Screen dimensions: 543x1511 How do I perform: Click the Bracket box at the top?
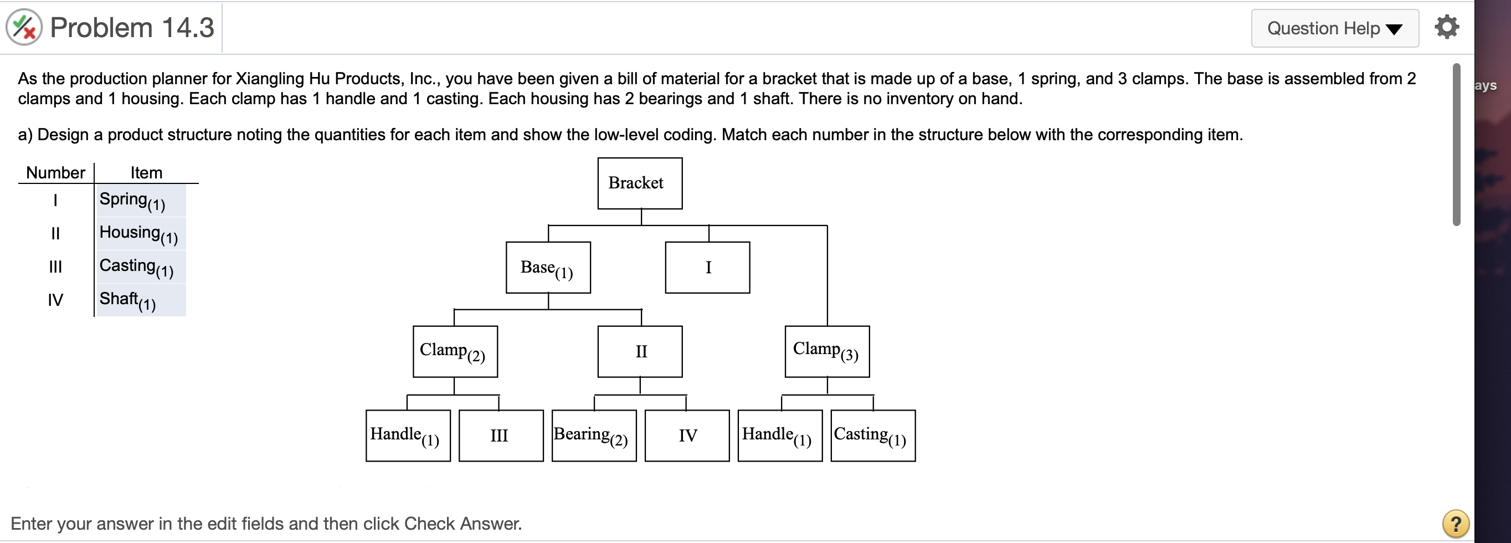pyautogui.click(x=639, y=183)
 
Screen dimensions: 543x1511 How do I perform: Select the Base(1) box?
pyautogui.click(x=548, y=268)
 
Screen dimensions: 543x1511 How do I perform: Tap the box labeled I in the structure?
pyautogui.click(x=707, y=268)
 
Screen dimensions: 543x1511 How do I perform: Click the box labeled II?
pyautogui.click(x=640, y=352)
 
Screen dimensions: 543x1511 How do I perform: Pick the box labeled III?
pyautogui.click(x=501, y=436)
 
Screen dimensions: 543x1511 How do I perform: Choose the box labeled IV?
pyautogui.click(x=687, y=436)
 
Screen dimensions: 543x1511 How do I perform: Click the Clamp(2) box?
pyautogui.click(x=455, y=352)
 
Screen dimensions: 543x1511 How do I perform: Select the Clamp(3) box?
pyautogui.click(x=827, y=352)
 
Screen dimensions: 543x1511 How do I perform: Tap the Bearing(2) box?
pyautogui.click(x=594, y=436)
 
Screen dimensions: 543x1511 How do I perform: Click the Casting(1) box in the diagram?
pyautogui.click(x=873, y=436)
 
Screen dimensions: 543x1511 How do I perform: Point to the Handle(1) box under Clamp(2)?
pyautogui.click(x=408, y=436)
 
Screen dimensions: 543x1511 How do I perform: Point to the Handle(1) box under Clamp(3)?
pyautogui.click(x=779, y=436)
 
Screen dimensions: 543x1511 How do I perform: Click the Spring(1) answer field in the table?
pyautogui.click(x=141, y=201)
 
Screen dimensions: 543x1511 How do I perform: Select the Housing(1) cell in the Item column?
pyautogui.click(x=141, y=234)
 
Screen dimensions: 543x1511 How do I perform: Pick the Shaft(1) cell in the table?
pyautogui.click(x=141, y=300)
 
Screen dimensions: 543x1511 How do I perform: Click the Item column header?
pyautogui.click(x=146, y=172)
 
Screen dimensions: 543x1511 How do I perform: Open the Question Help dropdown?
pyautogui.click(x=1334, y=28)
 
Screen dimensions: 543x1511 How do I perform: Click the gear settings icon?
pyautogui.click(x=1447, y=27)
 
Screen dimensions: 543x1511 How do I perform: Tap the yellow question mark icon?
pyautogui.click(x=1455, y=523)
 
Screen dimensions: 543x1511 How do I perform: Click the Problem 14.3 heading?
pyautogui.click(x=132, y=28)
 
